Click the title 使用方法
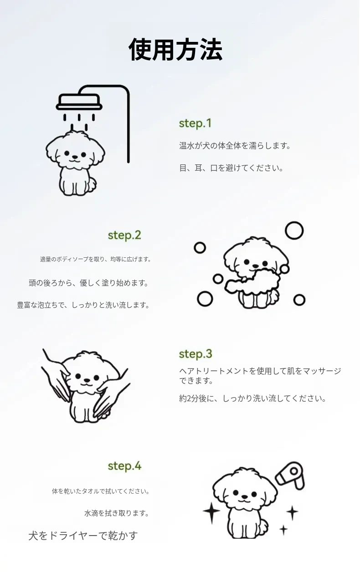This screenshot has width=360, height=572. [176, 50]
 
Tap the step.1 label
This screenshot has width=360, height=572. [195, 123]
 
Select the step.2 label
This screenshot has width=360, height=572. [124, 235]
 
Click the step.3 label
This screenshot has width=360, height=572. [195, 354]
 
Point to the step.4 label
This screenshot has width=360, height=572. [124, 466]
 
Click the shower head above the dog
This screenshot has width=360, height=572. [79, 102]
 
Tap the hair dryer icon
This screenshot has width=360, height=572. [290, 475]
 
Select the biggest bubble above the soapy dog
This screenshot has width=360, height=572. [294, 230]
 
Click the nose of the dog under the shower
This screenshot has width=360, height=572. [75, 157]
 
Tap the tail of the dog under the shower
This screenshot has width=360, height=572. [92, 184]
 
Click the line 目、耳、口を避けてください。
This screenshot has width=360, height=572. [231, 168]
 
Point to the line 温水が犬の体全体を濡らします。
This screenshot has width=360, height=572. [235, 146]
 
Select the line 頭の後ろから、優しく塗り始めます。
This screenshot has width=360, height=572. [89, 283]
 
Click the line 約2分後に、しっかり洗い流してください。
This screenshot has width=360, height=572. [252, 398]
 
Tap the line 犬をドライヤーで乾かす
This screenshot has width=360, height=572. [83, 536]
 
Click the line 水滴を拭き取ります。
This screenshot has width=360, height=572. [117, 513]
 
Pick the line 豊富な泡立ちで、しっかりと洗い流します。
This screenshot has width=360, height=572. [83, 305]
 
